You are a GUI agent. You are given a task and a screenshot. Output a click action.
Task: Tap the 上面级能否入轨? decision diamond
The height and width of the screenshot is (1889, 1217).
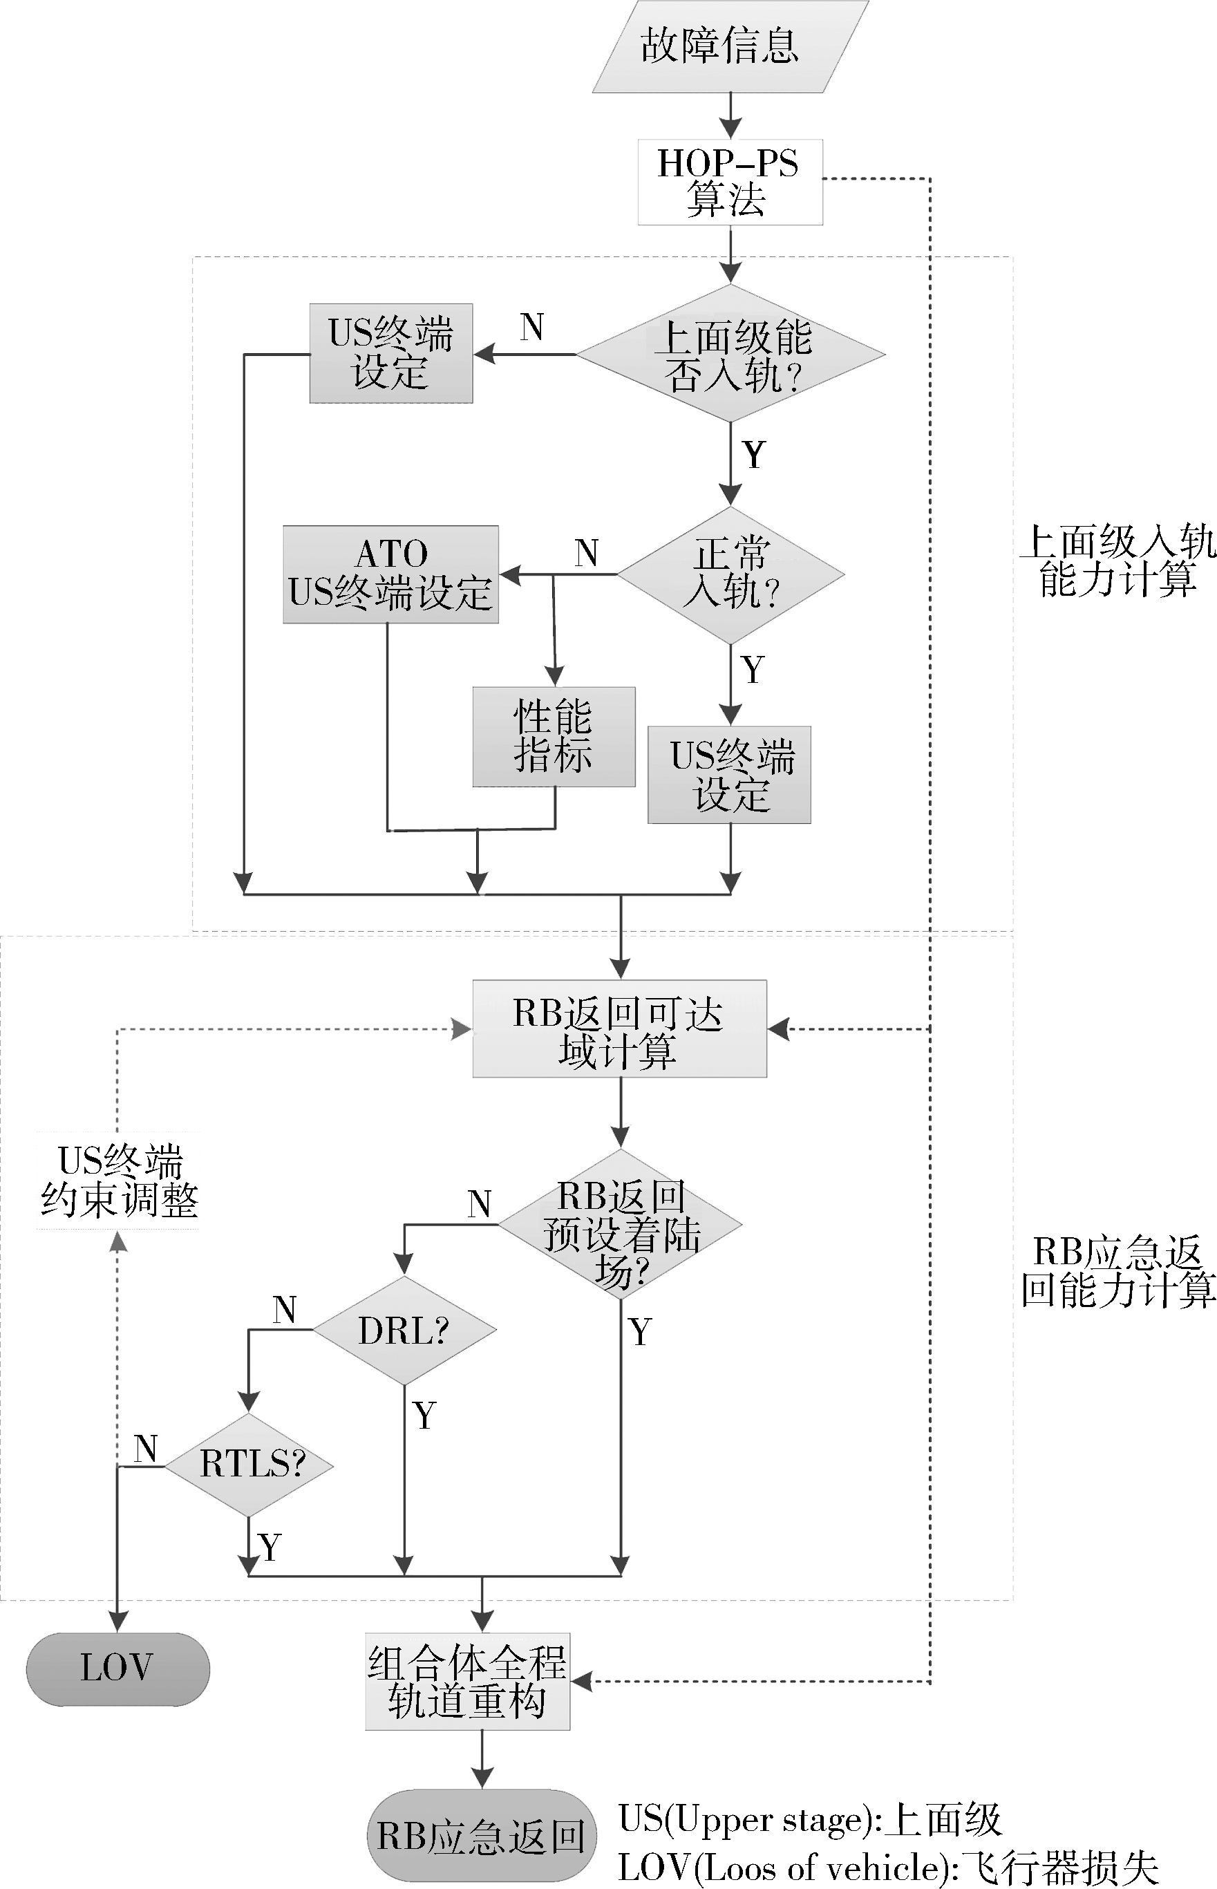click(730, 354)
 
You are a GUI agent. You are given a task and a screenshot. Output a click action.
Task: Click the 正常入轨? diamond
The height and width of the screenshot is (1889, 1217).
click(730, 574)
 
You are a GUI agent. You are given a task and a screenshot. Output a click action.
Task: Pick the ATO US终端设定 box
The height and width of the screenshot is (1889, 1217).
click(390, 574)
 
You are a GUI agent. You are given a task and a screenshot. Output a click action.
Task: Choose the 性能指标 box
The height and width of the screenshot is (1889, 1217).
click(553, 736)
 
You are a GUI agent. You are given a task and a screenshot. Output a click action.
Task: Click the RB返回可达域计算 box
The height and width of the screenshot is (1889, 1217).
click(620, 1028)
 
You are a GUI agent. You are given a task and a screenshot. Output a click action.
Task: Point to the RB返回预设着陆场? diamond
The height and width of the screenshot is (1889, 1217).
click(621, 1224)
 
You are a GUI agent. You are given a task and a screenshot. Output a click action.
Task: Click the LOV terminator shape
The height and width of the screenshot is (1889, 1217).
click(117, 1669)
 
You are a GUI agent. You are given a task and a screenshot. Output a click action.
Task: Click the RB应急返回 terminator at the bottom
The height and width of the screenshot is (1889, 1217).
click(481, 1835)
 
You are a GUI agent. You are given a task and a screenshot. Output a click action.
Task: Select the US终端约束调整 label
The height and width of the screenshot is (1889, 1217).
click(119, 1180)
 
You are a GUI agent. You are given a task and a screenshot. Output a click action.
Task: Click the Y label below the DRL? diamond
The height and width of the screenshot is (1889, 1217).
click(424, 1416)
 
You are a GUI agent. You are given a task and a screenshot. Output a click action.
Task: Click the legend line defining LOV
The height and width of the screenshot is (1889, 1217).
click(887, 1868)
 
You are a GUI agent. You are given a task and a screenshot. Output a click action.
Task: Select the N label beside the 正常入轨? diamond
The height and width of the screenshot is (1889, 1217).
click(586, 552)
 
